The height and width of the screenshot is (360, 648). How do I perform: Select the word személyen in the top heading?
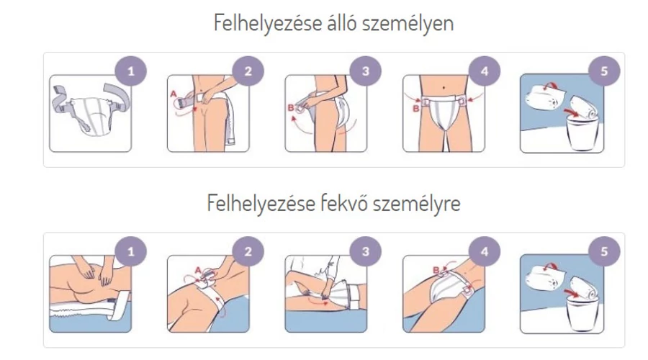coord(408,24)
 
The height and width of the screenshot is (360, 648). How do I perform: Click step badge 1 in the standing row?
coord(130,71)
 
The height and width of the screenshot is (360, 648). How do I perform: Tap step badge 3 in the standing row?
coord(365,71)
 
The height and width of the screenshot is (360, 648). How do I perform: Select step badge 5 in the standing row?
coord(604,71)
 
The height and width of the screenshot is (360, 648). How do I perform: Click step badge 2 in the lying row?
coord(248,252)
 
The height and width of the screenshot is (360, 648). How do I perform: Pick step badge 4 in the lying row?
coord(485,252)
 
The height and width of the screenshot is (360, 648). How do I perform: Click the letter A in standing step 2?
coord(174,94)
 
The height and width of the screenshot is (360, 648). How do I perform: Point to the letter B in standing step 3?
coord(291,108)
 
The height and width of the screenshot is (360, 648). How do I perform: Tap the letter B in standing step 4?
coord(415,108)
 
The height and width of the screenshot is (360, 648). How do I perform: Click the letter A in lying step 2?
coord(198,271)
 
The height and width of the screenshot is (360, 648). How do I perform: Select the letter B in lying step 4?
coord(436,270)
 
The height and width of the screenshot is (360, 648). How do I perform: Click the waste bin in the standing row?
coord(580,132)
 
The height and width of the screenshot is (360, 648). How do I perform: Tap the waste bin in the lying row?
coord(580,313)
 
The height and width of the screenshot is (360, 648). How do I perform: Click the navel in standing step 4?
coord(444,88)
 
